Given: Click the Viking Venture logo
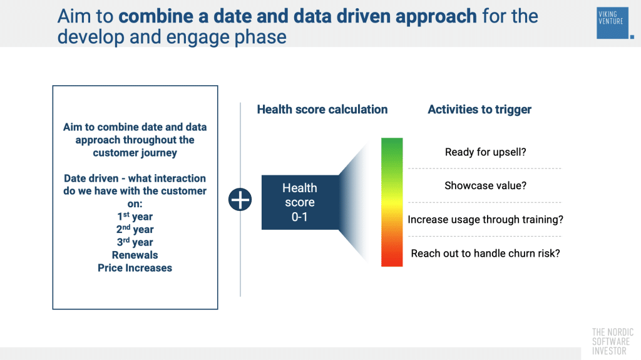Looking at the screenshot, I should (612, 23).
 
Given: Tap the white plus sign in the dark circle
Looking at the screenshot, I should (240, 200).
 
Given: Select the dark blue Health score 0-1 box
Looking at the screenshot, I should (299, 202).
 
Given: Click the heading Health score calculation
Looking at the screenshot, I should (322, 110).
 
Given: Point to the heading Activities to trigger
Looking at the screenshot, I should (479, 110).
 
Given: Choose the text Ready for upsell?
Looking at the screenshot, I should (485, 152).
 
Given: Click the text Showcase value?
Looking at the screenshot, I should (485, 186).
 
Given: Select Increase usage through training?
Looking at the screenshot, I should (485, 220).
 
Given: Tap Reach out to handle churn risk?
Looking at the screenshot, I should (485, 254).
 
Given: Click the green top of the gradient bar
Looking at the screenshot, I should (392, 147).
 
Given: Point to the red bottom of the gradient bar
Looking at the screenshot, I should (392, 258).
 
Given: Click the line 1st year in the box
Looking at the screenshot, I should (135, 217).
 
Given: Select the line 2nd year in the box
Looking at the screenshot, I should (135, 229).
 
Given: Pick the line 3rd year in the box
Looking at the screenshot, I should (135, 242).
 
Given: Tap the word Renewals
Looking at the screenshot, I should (135, 255).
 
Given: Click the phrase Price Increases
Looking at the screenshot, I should (135, 268).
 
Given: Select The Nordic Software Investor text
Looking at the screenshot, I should (612, 342).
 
